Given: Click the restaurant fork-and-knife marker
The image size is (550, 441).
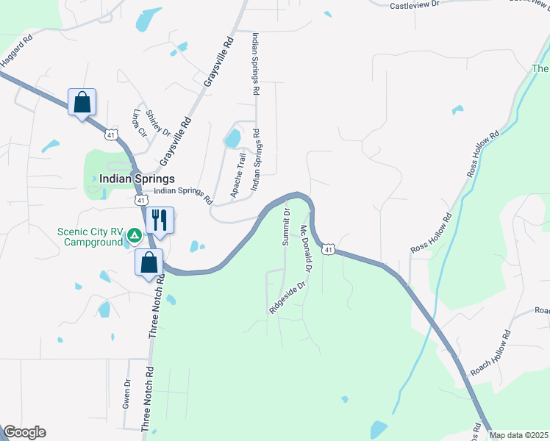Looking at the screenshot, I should pyautogui.click(x=159, y=219).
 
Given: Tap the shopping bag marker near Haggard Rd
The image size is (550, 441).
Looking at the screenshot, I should pyautogui.click(x=82, y=101).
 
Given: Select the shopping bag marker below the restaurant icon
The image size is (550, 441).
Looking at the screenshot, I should pyautogui.click(x=149, y=262).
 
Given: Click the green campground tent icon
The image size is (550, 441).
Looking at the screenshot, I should pyautogui.click(x=134, y=236).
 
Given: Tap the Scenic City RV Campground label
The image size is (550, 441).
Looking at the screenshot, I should pyautogui.click(x=90, y=237).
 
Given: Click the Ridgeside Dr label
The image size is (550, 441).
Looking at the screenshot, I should pyautogui.click(x=286, y=296).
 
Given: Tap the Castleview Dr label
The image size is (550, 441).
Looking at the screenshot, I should pyautogui.click(x=414, y=4).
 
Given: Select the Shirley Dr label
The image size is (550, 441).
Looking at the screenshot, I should pyautogui.click(x=157, y=123).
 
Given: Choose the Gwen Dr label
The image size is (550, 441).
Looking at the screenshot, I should pyautogui.click(x=126, y=393).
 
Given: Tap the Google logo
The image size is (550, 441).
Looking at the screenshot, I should pyautogui.click(x=24, y=432).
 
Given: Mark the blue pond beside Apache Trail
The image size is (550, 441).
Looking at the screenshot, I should pyautogui.click(x=232, y=137).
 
